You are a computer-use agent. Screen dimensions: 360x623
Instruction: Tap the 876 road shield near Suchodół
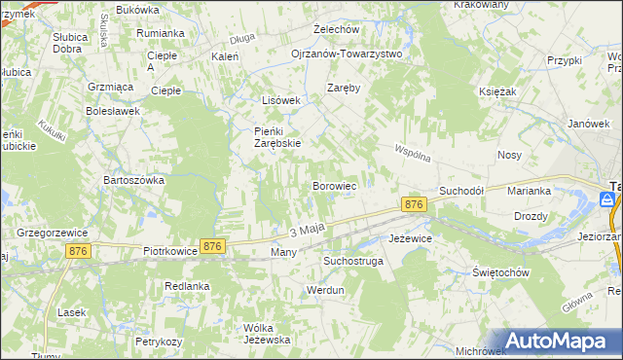pyautogui.click(x=414, y=204)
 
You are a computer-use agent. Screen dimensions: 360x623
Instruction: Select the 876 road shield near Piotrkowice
pyautogui.click(x=212, y=247)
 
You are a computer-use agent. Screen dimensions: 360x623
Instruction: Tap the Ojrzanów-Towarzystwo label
pyautogui.click(x=347, y=54)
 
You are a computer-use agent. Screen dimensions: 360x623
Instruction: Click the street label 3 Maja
pyautogui.click(x=306, y=231)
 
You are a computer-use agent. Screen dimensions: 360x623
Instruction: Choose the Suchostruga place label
pyautogui.click(x=354, y=262)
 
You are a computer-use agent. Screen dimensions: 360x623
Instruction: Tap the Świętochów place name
pyautogui.click(x=500, y=272)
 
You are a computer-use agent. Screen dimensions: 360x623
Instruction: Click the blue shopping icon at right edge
pyautogui.click(x=607, y=199)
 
